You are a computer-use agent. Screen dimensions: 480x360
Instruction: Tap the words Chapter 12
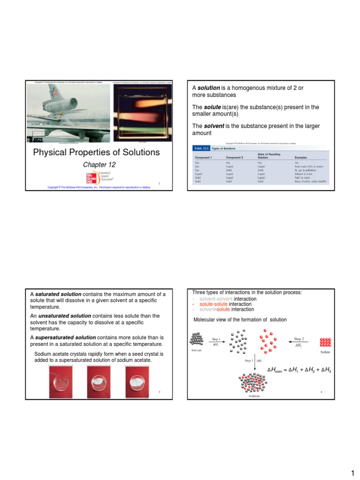point(99,165)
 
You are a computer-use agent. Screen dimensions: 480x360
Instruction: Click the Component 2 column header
point(236,157)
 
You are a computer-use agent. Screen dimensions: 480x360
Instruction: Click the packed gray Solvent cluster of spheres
point(196,340)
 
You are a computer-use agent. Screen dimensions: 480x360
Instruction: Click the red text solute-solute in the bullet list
point(210,304)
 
